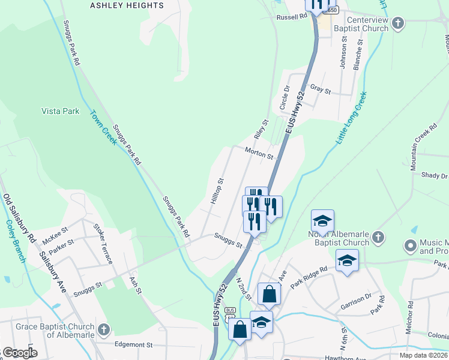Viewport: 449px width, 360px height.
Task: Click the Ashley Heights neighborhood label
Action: [x=127, y=5]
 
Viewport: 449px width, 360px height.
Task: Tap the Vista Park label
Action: [x=60, y=111]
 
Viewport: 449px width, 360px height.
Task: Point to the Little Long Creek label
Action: [x=351, y=118]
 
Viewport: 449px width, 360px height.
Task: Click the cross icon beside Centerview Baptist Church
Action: [x=397, y=24]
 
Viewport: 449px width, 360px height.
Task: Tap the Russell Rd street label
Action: [x=292, y=17]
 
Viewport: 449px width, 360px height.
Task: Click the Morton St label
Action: [x=259, y=154]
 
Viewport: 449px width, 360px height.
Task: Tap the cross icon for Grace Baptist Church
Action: [x=104, y=329]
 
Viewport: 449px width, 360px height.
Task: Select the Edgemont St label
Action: [x=134, y=345]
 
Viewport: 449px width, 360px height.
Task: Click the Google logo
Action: [x=20, y=352]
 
